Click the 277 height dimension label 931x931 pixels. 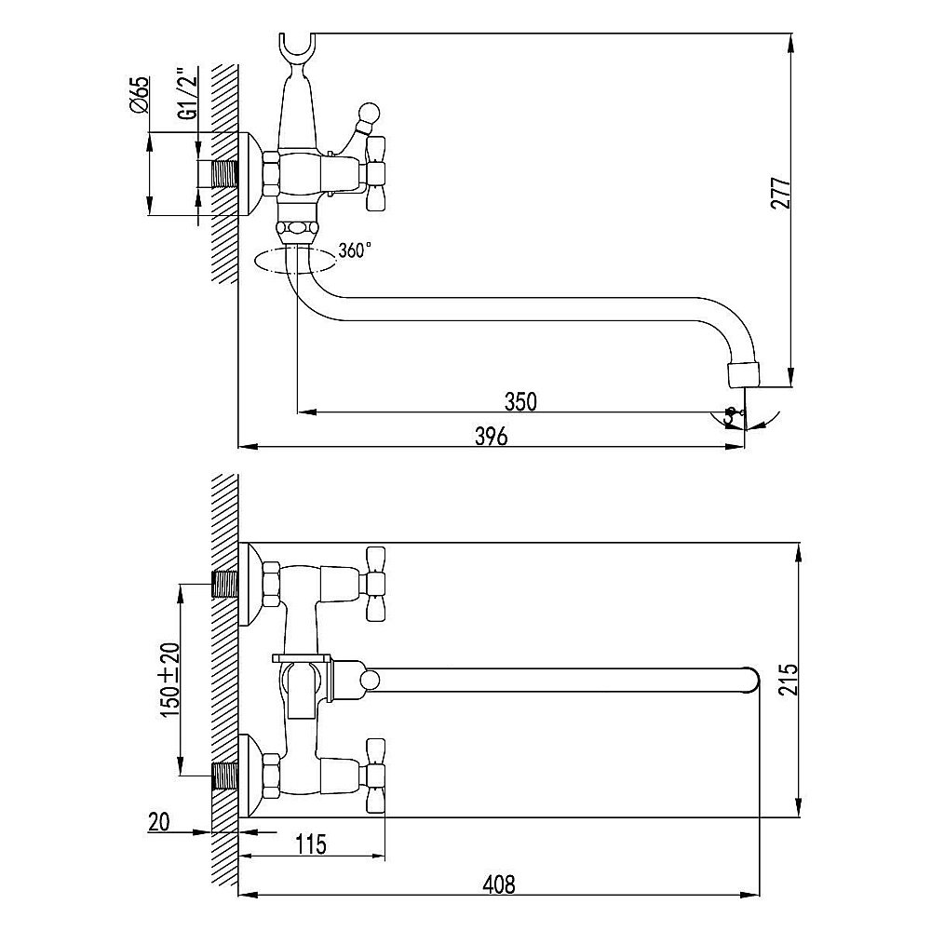781,193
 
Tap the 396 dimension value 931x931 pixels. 492,437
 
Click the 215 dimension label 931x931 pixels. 788,681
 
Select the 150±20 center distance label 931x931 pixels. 168,679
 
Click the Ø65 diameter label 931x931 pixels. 140,96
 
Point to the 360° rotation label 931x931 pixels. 355,250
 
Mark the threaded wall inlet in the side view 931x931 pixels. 224,174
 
